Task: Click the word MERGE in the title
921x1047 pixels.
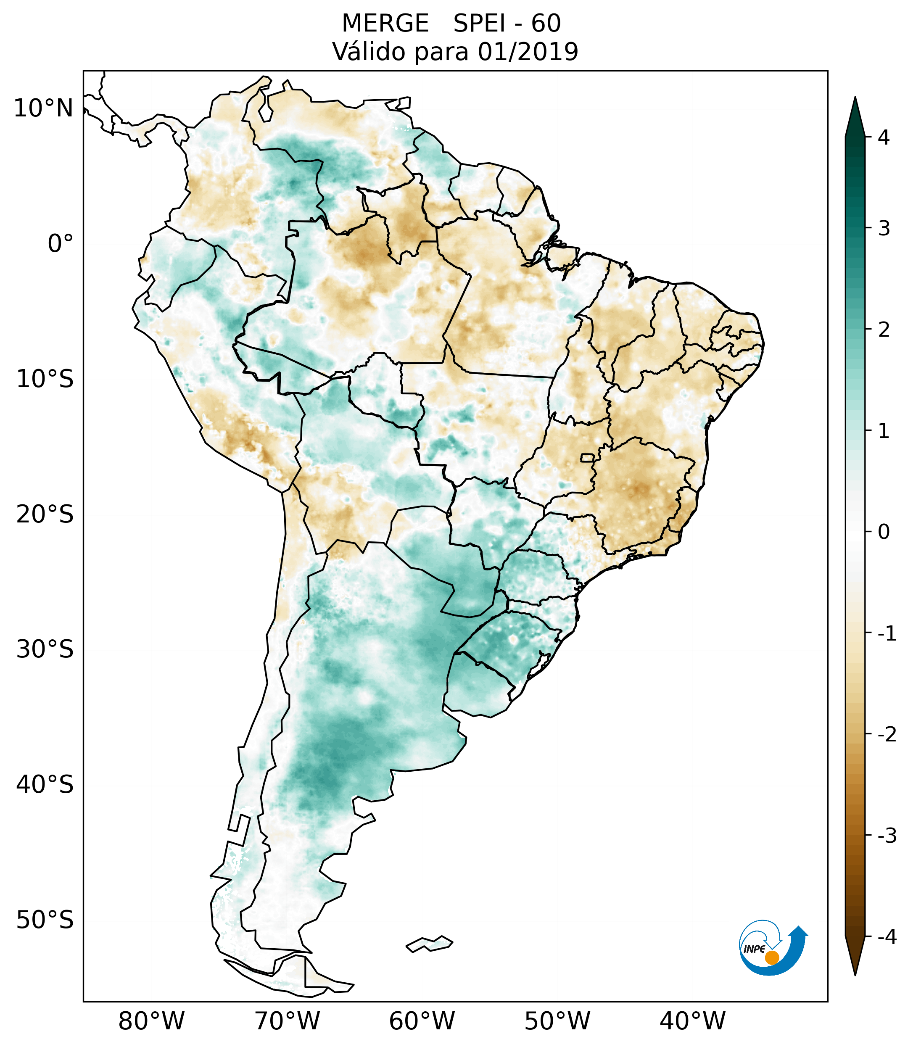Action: coord(385,24)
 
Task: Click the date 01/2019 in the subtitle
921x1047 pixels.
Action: coord(528,52)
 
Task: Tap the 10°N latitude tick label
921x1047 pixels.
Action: coord(44,108)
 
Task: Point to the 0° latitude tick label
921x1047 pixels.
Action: coord(61,244)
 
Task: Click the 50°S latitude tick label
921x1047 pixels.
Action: coord(45,920)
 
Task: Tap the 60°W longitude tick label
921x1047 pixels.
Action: coord(422,1021)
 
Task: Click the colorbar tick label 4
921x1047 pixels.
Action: coord(884,137)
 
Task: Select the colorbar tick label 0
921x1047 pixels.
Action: coord(884,532)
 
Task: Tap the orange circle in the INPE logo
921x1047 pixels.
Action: coord(772,957)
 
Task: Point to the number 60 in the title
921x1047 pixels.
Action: coord(546,24)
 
